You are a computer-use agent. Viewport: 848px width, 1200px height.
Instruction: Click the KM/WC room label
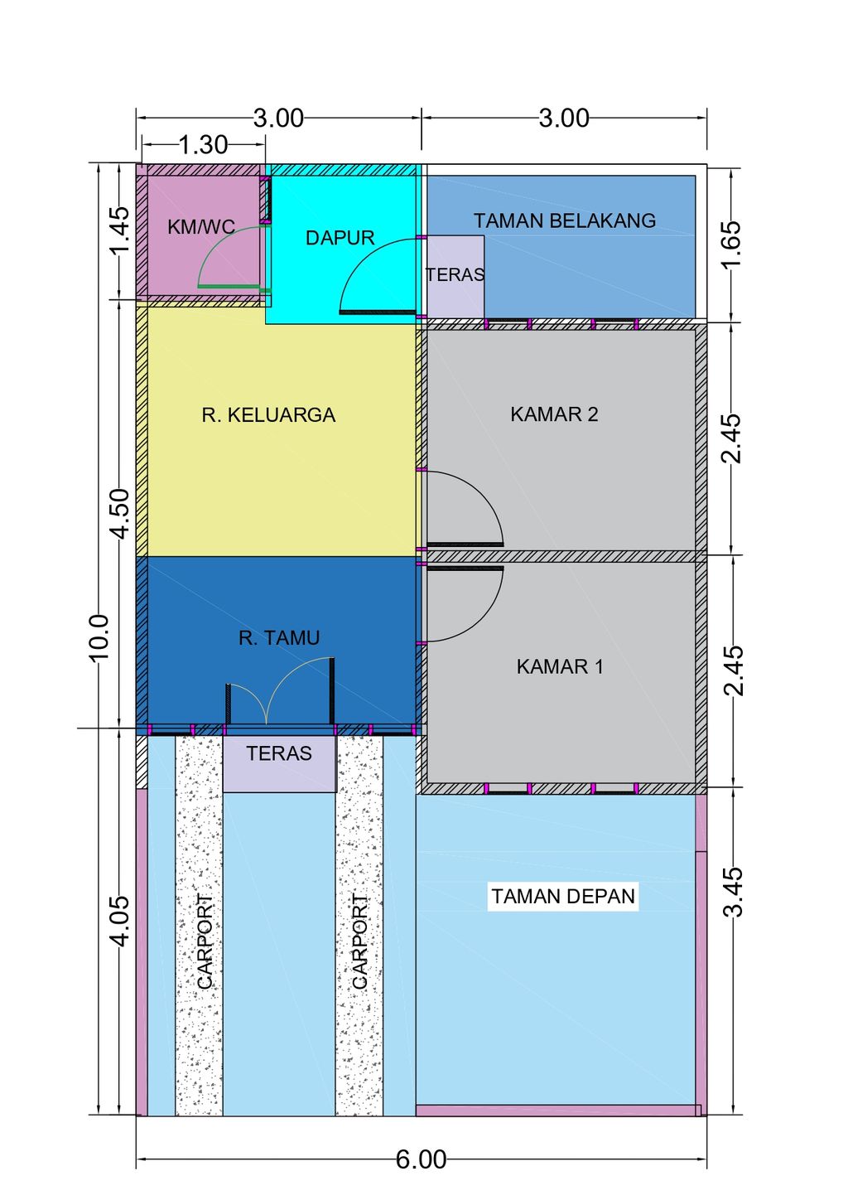point(201,227)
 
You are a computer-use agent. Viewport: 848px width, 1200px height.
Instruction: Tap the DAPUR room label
point(340,238)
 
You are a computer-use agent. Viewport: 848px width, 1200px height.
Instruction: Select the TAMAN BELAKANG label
point(565,220)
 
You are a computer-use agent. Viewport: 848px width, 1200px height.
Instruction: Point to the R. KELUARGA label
point(269,415)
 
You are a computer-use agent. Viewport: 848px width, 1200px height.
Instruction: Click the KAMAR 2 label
point(554,414)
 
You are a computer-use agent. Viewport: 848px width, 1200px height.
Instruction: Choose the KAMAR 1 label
point(560,666)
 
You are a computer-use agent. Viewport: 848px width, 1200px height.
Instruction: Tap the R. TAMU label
point(279,637)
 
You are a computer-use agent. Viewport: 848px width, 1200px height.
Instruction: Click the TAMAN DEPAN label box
point(563,896)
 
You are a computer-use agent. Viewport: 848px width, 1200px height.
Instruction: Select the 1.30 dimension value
point(203,145)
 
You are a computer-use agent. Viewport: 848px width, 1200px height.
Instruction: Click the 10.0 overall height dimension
point(99,637)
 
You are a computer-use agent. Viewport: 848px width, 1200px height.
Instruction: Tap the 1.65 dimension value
point(732,243)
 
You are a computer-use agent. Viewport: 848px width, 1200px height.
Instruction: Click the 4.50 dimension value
point(119,514)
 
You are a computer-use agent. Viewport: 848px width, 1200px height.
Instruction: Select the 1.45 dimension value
point(119,230)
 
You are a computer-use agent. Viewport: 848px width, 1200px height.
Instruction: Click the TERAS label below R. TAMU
point(279,753)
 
